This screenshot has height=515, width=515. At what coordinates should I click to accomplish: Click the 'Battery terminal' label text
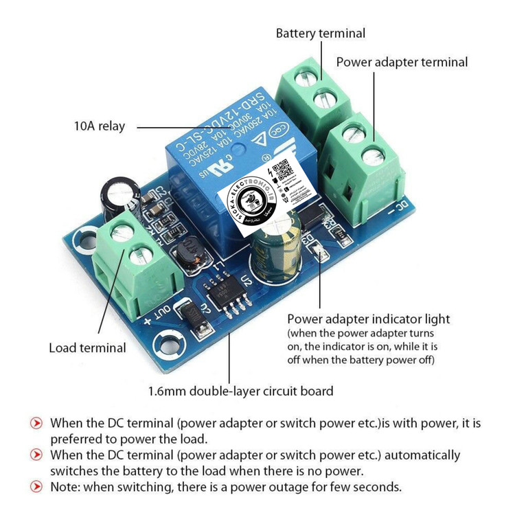[x=321, y=33]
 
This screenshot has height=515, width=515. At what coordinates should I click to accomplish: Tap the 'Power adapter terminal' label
[x=402, y=62]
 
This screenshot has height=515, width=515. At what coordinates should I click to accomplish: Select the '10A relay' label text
[x=100, y=126]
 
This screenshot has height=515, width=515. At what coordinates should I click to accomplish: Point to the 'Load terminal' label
[x=87, y=347]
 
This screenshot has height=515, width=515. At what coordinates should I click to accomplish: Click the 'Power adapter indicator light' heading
[x=368, y=319]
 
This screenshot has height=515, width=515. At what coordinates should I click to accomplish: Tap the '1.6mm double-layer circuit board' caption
[x=240, y=391]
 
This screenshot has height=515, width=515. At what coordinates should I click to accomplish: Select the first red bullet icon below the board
[x=36, y=422]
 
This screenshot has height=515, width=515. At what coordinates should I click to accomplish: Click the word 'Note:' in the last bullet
[x=67, y=487]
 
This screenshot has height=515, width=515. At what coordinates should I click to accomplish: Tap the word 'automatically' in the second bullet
[x=422, y=455]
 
